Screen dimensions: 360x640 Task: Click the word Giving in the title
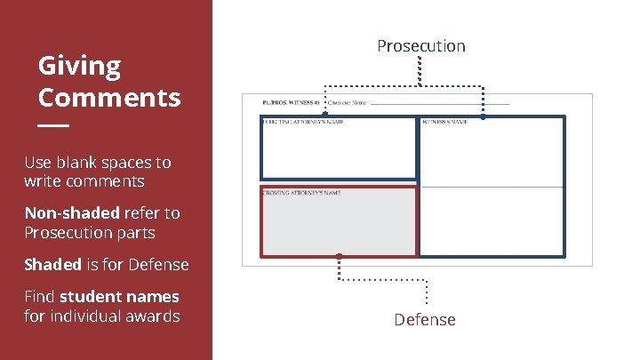tap(79, 66)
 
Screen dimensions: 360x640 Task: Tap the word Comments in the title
tap(109, 97)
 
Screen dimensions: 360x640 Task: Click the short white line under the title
tap(53, 125)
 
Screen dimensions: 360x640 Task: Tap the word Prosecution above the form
tap(420, 45)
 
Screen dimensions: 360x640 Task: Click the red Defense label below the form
tap(425, 320)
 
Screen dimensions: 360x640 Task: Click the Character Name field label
tap(348, 103)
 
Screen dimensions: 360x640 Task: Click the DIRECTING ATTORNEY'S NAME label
tap(303, 122)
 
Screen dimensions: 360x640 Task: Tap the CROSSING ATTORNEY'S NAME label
tap(301, 192)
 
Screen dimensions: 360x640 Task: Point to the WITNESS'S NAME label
tap(444, 122)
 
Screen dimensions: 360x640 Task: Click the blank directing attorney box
tap(338, 151)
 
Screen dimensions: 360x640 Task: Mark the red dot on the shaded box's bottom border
tap(339, 257)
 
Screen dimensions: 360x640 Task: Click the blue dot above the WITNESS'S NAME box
tap(483, 116)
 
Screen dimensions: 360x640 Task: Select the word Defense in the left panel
tap(159, 265)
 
